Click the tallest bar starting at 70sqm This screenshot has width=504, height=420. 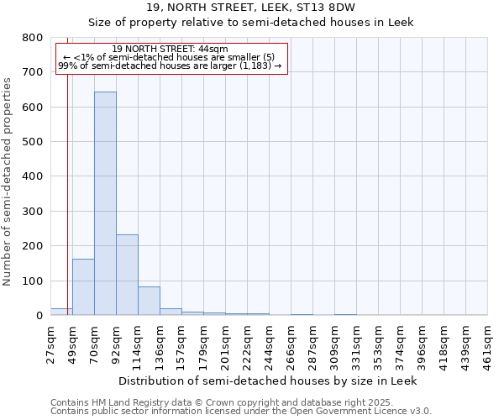[x=105, y=203]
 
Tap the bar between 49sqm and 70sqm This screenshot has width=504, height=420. [x=83, y=286]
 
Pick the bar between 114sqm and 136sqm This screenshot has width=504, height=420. [x=149, y=301]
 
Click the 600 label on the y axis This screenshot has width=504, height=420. [x=33, y=108]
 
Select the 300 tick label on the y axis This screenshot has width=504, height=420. [x=33, y=212]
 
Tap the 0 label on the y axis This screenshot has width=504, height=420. [x=39, y=316]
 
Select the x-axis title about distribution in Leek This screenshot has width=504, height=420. [x=267, y=381]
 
